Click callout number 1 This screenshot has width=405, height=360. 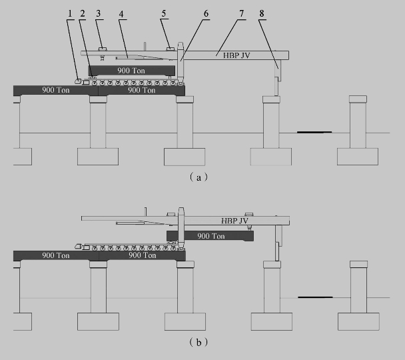tap(71, 13)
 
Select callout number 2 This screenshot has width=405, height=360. tap(82, 13)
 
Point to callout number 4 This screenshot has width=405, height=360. tap(123, 13)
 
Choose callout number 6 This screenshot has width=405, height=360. tap(206, 13)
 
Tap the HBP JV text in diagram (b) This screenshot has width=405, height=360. tap(234, 221)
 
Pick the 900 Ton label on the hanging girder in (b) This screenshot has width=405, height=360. tap(210, 236)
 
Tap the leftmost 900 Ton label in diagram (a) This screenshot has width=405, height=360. tap(56, 89)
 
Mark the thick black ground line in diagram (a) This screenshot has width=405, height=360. tap(314, 132)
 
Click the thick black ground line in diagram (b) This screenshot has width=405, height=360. tap(315, 297)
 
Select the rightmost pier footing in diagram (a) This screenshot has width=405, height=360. tap(358, 156)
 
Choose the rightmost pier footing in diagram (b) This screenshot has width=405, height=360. tap(358, 321)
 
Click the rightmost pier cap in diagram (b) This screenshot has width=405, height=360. tap(358, 264)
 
